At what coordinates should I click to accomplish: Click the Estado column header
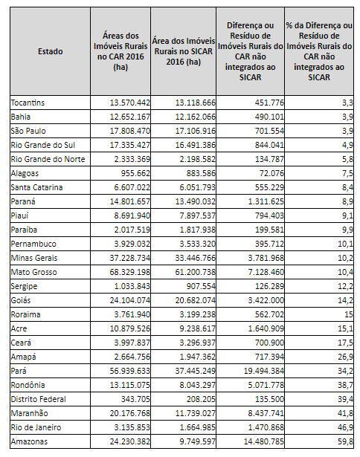tap(50, 51)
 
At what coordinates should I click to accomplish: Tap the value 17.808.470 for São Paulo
tap(130, 131)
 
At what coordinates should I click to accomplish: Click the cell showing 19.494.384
tap(264, 371)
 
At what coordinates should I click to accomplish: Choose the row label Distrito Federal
tap(38, 399)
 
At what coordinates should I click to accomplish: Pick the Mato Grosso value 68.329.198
tap(130, 272)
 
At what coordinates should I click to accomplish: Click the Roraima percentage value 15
tap(349, 314)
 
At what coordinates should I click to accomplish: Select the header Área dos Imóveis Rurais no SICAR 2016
tap(183, 51)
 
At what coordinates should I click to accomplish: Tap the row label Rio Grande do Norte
tap(48, 159)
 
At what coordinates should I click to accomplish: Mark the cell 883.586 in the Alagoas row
tap(201, 173)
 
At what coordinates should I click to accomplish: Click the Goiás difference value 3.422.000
tap(266, 300)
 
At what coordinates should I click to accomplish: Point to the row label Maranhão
tap(29, 413)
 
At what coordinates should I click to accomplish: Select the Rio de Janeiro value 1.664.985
tap(197, 427)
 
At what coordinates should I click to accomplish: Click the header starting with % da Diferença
tap(319, 51)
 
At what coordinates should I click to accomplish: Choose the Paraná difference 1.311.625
tap(266, 201)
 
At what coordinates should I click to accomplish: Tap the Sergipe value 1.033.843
tap(132, 286)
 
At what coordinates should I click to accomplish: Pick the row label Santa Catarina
tap(36, 187)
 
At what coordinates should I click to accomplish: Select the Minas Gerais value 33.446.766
tap(195, 259)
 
